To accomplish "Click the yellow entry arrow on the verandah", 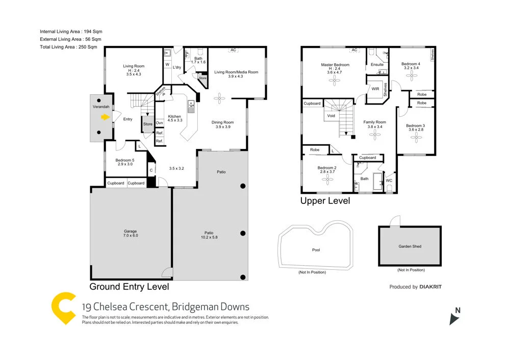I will coord(105,117).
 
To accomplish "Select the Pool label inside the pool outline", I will coord(316,250).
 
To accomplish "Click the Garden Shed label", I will coord(410,246).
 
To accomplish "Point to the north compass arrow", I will coord(454,319).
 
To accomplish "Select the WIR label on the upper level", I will coord(375,89).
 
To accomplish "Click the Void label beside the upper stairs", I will coord(331,116).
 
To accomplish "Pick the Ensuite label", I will coord(377,65).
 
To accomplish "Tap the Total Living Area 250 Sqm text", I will coord(68,47).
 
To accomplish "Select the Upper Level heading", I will coord(325,201).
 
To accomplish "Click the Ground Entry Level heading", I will coord(129,287).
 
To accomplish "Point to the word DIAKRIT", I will coord(430,287).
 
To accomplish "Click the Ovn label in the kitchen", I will coord(159,123).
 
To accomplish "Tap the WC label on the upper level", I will coord(389,181).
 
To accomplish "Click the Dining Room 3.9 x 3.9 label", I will coord(222,124).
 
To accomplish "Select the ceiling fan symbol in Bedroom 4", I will coord(411,74).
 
